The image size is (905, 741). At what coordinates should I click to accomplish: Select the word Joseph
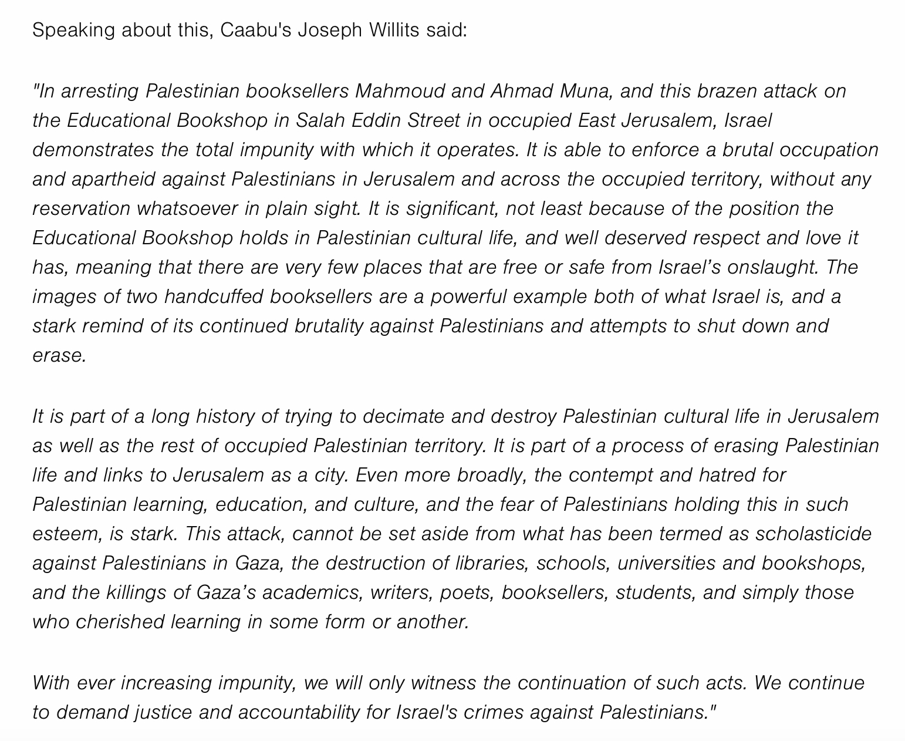329,30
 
